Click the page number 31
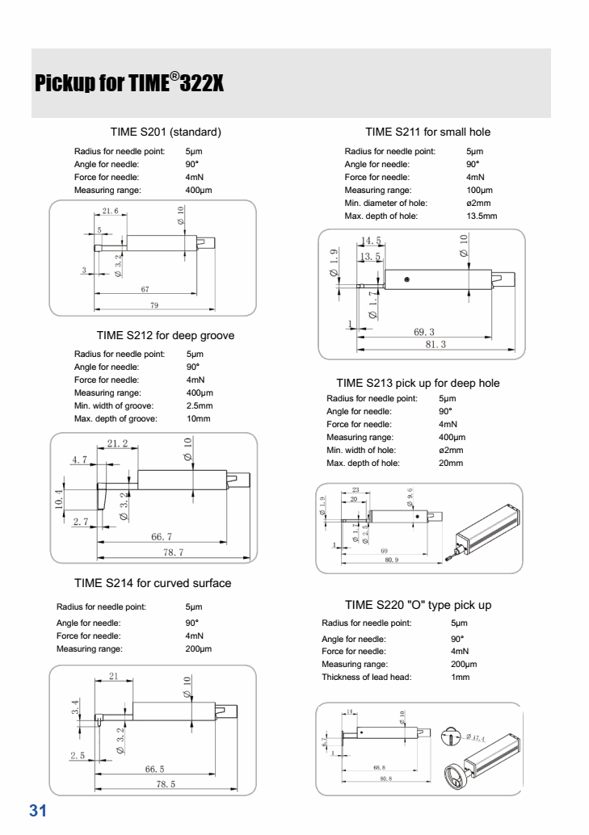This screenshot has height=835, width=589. (39, 811)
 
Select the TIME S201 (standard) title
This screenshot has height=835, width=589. (166, 132)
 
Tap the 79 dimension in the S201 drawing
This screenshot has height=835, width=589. (154, 305)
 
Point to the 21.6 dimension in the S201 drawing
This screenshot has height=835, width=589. (110, 211)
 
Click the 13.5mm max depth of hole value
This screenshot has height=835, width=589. (482, 216)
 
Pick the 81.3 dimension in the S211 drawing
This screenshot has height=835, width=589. (435, 344)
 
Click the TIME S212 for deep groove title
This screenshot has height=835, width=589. (166, 335)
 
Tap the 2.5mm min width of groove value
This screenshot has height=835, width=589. (200, 405)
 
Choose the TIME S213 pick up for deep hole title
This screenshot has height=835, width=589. (418, 383)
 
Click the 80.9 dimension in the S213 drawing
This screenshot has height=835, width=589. (391, 559)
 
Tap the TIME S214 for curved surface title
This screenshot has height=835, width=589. (153, 583)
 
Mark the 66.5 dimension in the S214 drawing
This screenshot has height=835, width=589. (154, 770)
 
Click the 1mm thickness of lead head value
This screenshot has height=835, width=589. (460, 677)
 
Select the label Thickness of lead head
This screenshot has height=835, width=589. (367, 677)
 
